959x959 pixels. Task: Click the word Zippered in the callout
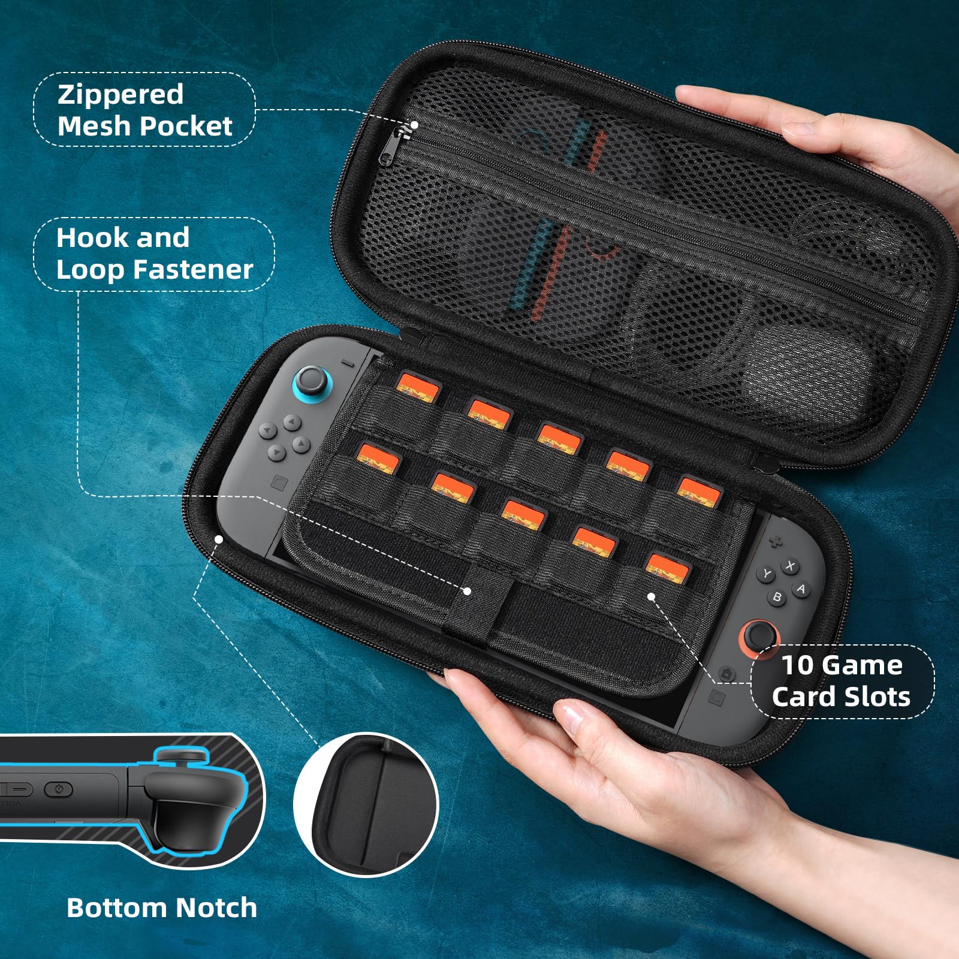tap(120, 95)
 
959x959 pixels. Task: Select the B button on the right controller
tap(777, 597)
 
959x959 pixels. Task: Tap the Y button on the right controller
tap(766, 574)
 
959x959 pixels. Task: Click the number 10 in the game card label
tap(798, 665)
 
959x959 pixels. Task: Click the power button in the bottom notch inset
tap(59, 789)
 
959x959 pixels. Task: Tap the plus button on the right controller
tap(776, 542)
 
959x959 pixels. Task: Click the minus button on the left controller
tap(348, 363)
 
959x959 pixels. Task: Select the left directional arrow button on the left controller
tap(267, 430)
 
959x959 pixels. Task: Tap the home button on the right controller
tap(728, 674)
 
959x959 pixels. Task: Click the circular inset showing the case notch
tap(366, 805)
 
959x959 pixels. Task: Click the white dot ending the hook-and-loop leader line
tap(468, 591)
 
